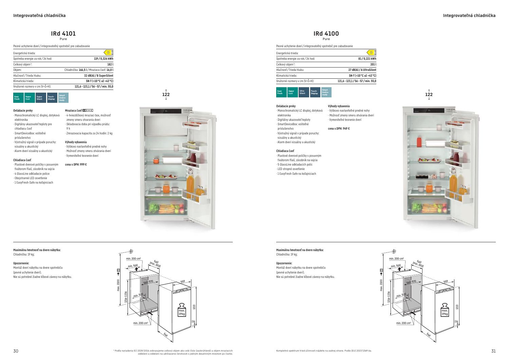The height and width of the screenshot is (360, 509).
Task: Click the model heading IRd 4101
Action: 63,34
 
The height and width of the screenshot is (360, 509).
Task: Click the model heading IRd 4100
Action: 326,34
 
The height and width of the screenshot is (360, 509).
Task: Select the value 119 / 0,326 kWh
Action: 103,59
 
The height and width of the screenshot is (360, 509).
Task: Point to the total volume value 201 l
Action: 373,64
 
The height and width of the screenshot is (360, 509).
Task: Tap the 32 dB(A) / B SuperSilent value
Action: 99,76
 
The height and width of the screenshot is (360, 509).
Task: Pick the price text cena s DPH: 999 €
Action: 76,165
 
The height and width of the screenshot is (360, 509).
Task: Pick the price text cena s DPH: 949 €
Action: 339,129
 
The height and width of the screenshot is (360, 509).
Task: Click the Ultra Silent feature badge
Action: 304,92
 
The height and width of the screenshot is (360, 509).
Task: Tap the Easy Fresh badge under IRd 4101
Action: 18,98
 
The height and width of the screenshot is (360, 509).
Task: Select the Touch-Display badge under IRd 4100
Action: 315,92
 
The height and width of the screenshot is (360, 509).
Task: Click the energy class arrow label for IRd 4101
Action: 108,52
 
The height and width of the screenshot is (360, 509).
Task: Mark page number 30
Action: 16,351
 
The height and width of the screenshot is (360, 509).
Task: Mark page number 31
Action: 493,351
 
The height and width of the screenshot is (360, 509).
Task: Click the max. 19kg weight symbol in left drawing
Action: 182,309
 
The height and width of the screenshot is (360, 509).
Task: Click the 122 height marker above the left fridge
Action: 166,95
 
